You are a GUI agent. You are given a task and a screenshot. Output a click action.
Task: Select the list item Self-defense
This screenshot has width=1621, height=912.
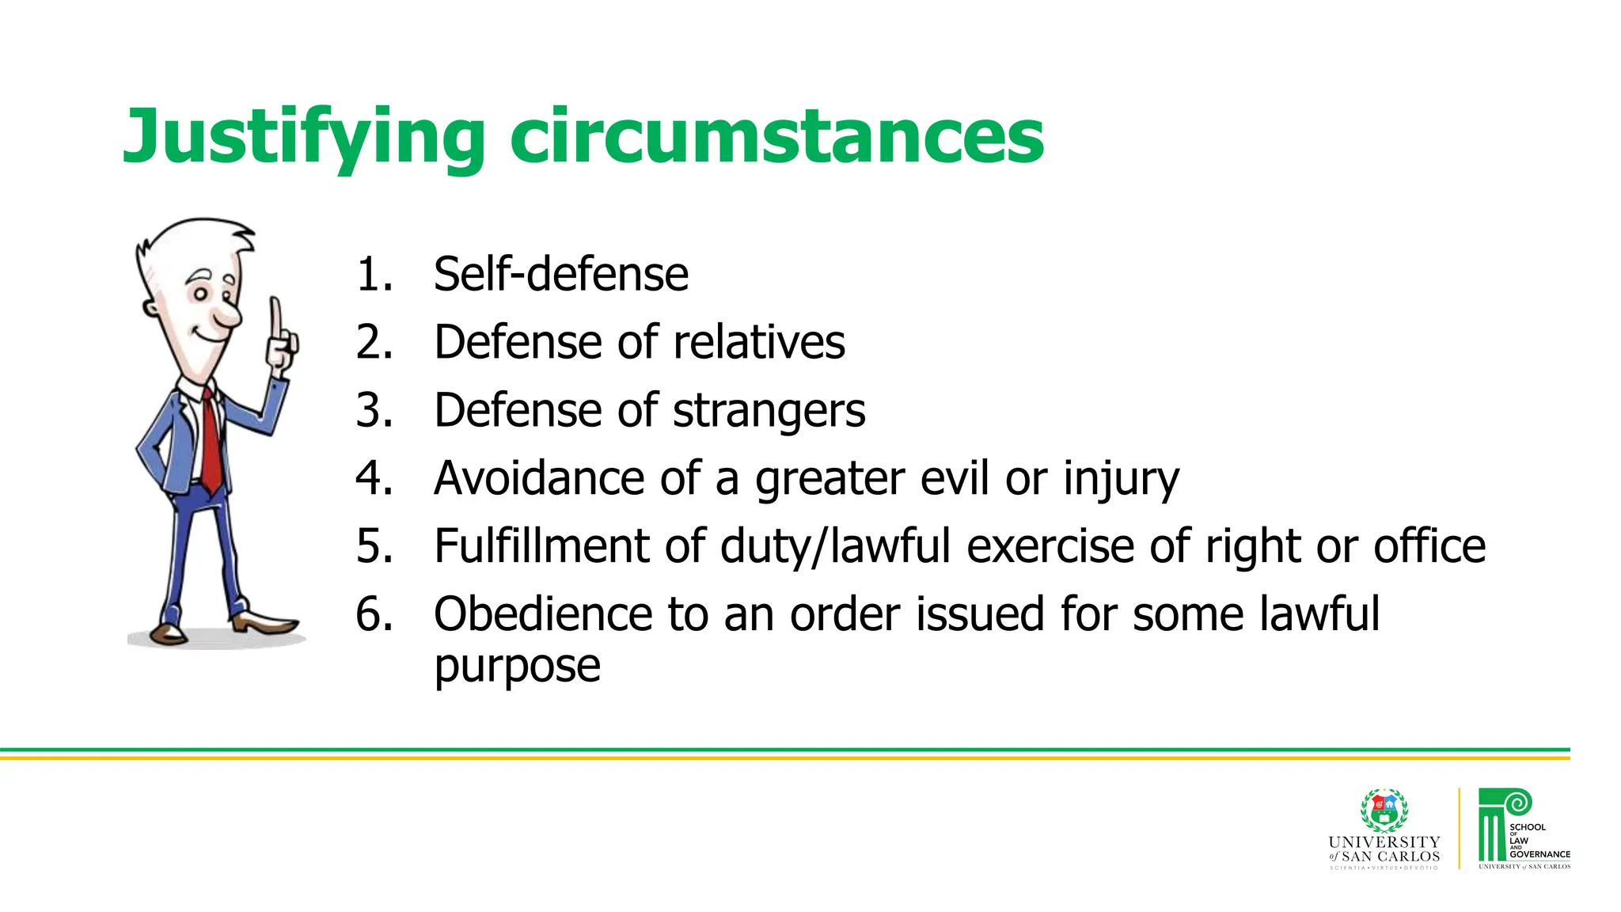tap(560, 275)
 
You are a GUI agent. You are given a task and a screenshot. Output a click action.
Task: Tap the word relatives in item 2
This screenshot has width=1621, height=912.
tap(759, 343)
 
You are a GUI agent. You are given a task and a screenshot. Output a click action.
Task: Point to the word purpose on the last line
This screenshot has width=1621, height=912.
tap(517, 667)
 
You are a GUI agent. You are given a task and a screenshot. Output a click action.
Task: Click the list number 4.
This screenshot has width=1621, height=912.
tap(374, 478)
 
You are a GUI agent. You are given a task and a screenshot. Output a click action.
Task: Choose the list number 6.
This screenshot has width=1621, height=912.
tap(374, 614)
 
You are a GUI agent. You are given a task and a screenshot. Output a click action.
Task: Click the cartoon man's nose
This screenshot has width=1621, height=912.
tap(229, 316)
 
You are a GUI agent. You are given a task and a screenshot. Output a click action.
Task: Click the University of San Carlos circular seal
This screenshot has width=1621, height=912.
tap(1384, 811)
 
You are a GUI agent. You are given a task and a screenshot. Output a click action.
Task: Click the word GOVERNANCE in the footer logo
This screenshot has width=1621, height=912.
tap(1539, 854)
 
